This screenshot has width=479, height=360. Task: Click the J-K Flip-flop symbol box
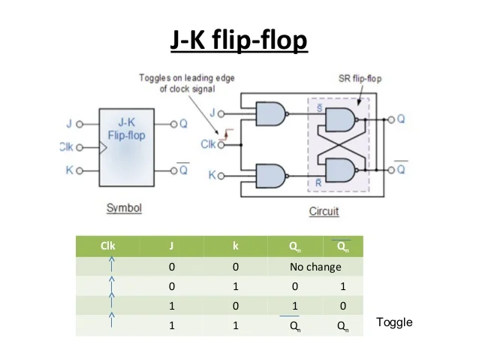[126, 147]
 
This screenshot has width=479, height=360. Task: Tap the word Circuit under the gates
[324, 211]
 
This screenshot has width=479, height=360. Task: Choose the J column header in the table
[172, 247]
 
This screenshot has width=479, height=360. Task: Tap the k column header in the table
[235, 247]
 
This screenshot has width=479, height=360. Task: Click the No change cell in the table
[315, 267]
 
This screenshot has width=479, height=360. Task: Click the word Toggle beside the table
[394, 322]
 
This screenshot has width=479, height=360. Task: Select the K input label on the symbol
[69, 171]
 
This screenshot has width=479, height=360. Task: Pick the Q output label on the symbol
[183, 124]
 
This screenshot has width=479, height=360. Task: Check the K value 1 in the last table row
[235, 325]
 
